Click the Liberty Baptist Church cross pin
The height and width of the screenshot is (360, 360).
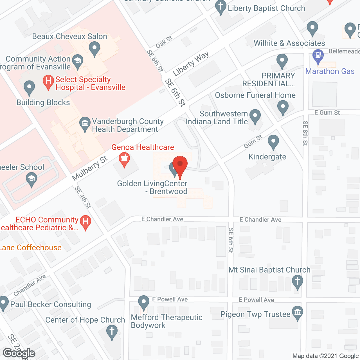(221, 7)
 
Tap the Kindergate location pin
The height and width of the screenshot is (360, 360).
(273, 142)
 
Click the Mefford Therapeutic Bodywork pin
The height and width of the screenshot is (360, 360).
(144, 303)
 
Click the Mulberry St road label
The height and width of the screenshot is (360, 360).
(90, 168)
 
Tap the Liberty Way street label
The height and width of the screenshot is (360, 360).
(191, 64)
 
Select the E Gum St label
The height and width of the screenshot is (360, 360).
(327, 113)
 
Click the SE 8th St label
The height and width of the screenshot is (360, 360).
(305, 133)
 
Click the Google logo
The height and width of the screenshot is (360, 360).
(19, 353)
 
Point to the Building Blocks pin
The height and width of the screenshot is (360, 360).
(29, 88)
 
